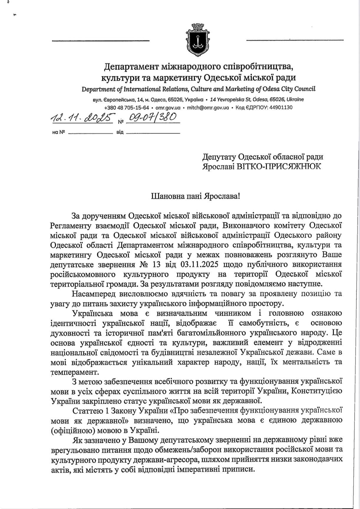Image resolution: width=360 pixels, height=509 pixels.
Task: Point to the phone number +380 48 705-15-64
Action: pos(127,108)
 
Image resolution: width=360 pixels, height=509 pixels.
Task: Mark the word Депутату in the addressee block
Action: pos(219,157)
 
